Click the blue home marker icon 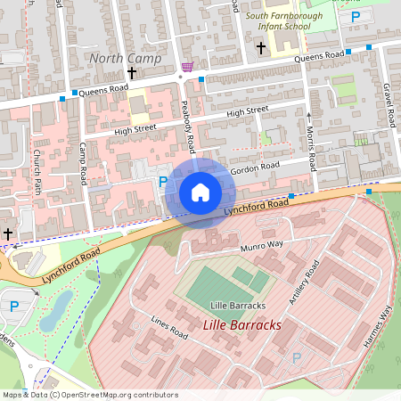coord(200,192)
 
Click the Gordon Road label coord(255,168)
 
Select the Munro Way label coord(261,243)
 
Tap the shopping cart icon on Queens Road coord(186,66)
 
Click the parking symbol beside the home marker coord(162,182)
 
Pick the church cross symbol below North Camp coord(132,73)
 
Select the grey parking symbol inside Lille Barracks coord(297,357)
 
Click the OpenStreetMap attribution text coord(89,395)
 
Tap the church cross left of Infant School coord(261,46)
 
